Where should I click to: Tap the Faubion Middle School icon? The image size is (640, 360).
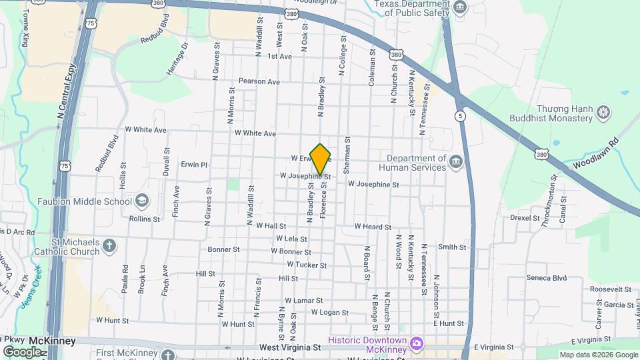click(141, 201)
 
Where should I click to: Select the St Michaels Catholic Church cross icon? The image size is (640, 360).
click(110, 247)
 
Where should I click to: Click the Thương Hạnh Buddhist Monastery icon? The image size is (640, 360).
click(603, 111)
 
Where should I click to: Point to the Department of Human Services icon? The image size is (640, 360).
click(456, 162)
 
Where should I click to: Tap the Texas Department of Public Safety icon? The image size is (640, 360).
click(460, 7)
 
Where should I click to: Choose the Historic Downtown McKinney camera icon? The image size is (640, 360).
click(417, 343)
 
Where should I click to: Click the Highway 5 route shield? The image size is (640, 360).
click(460, 116)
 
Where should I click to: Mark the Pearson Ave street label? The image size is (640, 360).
click(259, 81)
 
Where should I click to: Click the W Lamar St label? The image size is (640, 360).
click(303, 301)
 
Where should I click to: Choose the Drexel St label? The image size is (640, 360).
click(525, 218)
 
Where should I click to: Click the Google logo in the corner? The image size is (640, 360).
click(22, 351)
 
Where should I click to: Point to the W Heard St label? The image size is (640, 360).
click(373, 227)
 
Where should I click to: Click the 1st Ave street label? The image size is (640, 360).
click(280, 57)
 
